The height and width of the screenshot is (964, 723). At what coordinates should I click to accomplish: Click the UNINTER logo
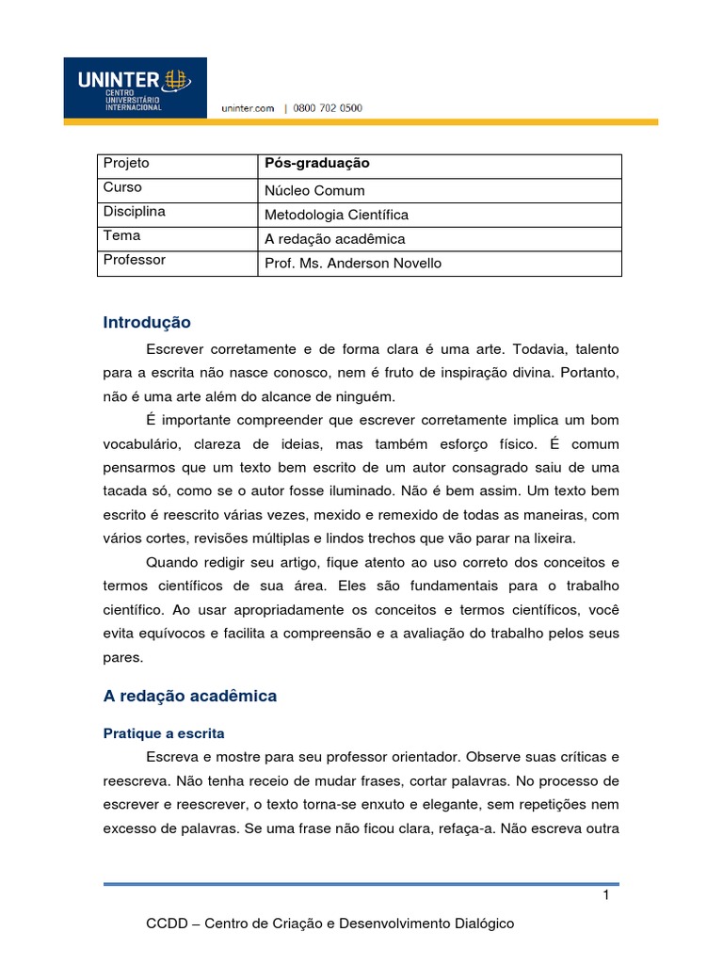pyautogui.click(x=135, y=88)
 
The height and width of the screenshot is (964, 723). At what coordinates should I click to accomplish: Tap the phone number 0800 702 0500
pyautogui.click(x=327, y=109)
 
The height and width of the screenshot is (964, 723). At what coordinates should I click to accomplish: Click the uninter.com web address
pyautogui.click(x=248, y=109)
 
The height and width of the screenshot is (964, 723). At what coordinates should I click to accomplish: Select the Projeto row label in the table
pyautogui.click(x=126, y=164)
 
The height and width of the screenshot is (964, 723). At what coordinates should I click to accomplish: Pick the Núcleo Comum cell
pyautogui.click(x=314, y=190)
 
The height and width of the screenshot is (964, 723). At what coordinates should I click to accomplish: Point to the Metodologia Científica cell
pyautogui.click(x=336, y=215)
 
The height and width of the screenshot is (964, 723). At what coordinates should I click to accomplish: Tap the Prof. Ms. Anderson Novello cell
pyautogui.click(x=352, y=264)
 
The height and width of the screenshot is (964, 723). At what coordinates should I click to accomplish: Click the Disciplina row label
pyautogui.click(x=134, y=213)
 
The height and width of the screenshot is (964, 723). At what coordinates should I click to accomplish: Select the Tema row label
pyautogui.click(x=121, y=236)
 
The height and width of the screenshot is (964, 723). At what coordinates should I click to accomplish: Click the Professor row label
pyautogui.click(x=134, y=261)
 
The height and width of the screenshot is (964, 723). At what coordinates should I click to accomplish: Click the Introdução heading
pyautogui.click(x=146, y=323)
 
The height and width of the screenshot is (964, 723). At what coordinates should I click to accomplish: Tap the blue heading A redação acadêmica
pyautogui.click(x=189, y=697)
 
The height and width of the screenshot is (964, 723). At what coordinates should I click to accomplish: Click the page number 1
pyautogui.click(x=607, y=895)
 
